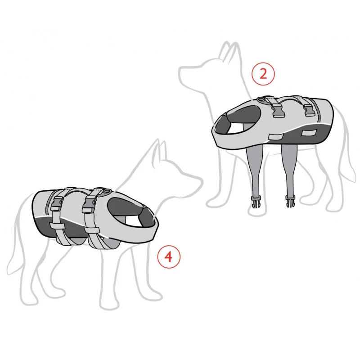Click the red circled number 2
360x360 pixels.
pyautogui.click(x=263, y=73)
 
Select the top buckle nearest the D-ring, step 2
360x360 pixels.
pyautogui.click(x=278, y=110)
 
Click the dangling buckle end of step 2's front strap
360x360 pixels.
pyautogui.click(x=256, y=202)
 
